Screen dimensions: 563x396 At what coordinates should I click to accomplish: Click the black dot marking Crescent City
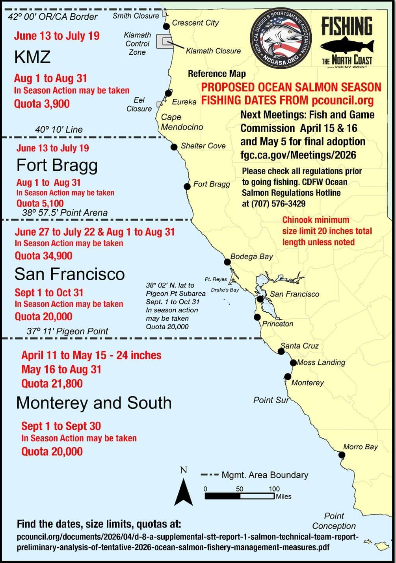click(166, 26)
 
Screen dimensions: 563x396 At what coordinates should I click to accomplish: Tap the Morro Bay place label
click(360, 447)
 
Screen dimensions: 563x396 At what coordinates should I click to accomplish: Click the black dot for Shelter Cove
click(174, 147)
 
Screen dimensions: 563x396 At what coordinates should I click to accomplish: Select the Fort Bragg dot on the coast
click(188, 186)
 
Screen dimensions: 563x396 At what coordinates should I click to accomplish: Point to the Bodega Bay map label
click(252, 257)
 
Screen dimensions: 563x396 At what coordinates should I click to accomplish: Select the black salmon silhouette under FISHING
click(347, 45)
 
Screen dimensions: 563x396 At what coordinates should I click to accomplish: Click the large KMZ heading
click(33, 57)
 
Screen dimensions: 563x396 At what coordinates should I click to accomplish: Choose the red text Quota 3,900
click(42, 104)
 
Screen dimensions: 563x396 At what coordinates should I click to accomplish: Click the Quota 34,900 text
click(43, 256)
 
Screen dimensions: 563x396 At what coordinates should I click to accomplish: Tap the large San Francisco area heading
click(70, 274)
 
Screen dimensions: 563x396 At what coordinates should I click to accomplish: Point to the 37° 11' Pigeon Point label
click(67, 331)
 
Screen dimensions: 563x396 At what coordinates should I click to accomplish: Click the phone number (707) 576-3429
click(278, 203)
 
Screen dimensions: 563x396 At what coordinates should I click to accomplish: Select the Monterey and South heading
click(94, 403)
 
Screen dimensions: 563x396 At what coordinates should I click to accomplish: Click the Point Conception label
click(334, 521)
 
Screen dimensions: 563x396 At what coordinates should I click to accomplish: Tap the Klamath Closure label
click(213, 51)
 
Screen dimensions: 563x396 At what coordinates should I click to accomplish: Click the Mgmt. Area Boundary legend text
click(265, 475)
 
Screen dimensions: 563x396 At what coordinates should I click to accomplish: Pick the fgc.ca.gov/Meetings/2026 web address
click(298, 155)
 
